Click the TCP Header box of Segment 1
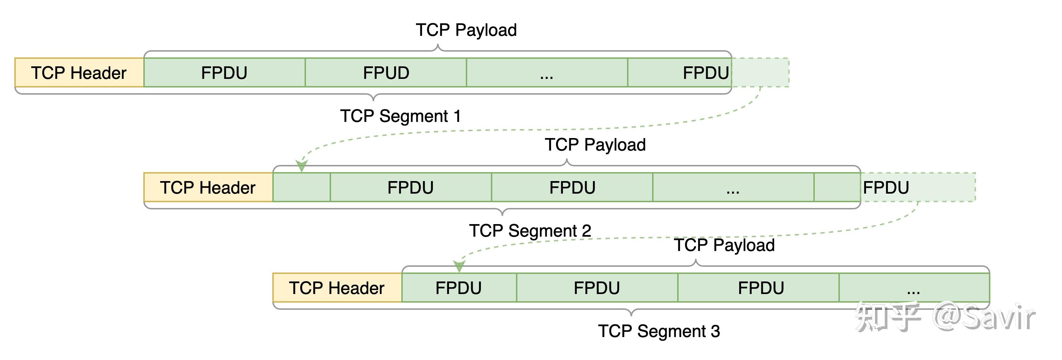coord(79,72)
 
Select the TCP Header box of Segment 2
coord(208,187)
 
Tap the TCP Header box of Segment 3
coord(337,288)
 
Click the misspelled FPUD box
coord(386,72)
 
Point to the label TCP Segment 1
coord(400,116)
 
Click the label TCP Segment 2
coord(530,231)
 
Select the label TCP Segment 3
coord(659,331)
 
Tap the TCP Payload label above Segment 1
coord(466,30)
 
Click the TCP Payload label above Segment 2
coord(595,145)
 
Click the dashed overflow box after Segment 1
coord(761,72)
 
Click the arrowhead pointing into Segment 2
coord(302,166)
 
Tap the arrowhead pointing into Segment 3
coord(459,266)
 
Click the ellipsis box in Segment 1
coord(547,72)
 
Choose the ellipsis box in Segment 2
coord(733,187)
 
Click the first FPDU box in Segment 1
coord(224,72)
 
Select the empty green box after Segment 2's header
coord(301,187)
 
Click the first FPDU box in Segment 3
coord(459,288)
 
